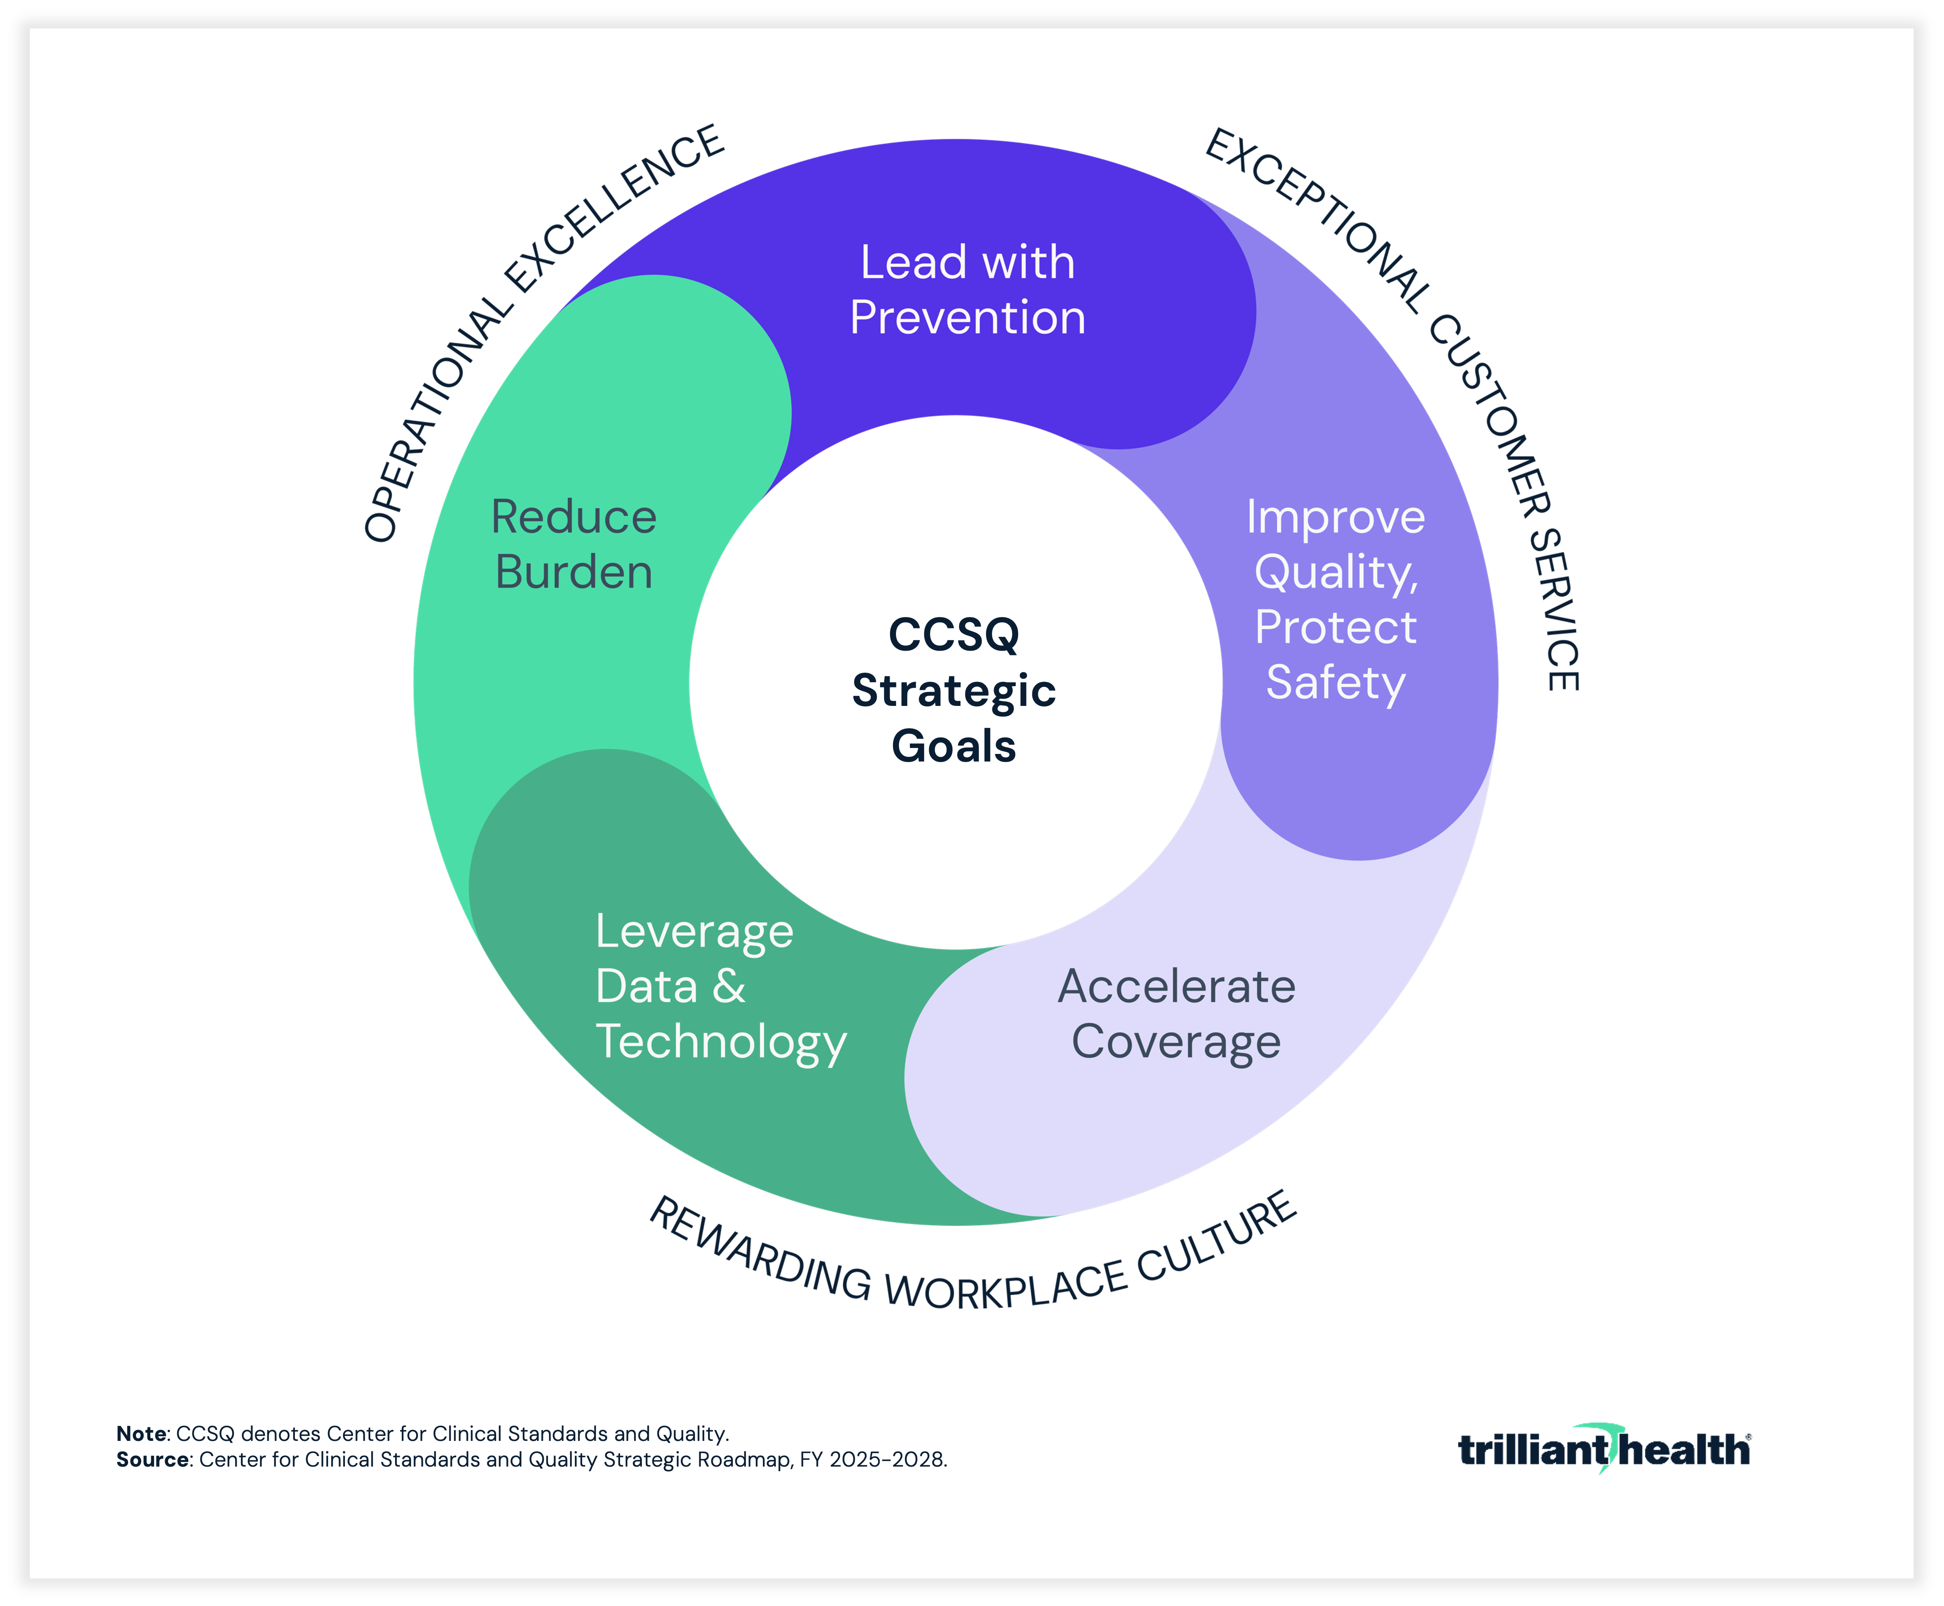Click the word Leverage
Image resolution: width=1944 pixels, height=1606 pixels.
coord(694,932)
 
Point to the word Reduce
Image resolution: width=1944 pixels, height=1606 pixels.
coord(574,517)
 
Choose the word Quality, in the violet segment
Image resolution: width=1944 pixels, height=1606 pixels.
coord(1335,573)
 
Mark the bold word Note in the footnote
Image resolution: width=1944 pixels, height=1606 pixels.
coord(141,1434)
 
